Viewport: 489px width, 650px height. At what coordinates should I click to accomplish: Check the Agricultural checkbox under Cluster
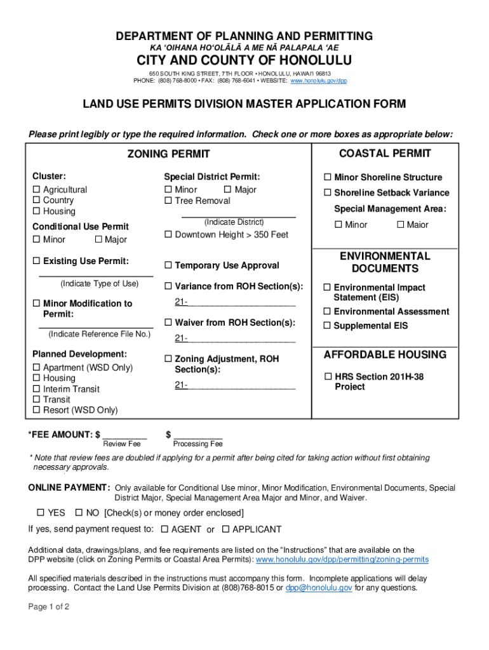pos(37,190)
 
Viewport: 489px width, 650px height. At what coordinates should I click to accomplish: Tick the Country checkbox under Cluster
pos(37,201)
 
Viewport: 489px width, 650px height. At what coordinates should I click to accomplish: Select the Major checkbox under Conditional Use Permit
pos(98,239)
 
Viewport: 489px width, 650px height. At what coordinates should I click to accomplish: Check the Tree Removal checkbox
pos(168,201)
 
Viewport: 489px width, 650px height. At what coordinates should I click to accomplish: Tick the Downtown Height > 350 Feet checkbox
pos(168,235)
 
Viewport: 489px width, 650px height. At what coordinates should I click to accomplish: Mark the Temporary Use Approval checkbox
pos(168,265)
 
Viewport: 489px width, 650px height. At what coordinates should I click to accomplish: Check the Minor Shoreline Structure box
pos(328,177)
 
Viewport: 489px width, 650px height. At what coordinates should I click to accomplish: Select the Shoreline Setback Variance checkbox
pos(328,193)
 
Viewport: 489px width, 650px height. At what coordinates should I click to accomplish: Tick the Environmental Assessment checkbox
pos(328,312)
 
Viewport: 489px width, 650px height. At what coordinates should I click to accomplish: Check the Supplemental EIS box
pos(328,326)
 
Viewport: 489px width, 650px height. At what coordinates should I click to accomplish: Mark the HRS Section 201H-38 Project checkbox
pos(329,377)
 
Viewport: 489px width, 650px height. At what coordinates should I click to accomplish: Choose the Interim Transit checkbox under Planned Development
pos(37,389)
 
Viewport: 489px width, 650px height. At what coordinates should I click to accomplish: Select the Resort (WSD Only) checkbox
pos(37,411)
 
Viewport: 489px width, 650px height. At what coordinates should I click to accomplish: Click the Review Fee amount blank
pos(125,435)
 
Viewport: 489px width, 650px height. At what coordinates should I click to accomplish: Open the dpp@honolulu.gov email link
pos(318,588)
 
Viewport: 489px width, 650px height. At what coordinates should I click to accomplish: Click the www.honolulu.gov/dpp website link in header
pos(319,81)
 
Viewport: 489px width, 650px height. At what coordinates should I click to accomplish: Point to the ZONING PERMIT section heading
pos(168,154)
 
